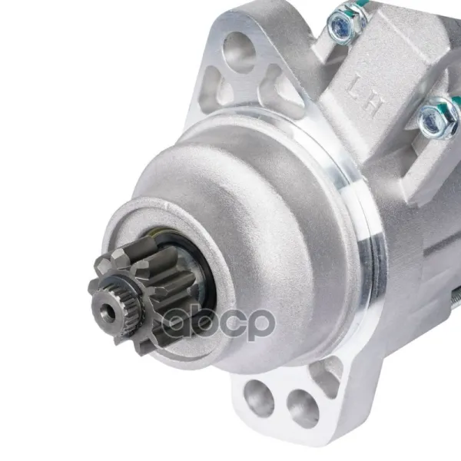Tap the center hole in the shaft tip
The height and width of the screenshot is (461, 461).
[x=111, y=312]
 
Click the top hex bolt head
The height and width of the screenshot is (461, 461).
[x=343, y=24]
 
